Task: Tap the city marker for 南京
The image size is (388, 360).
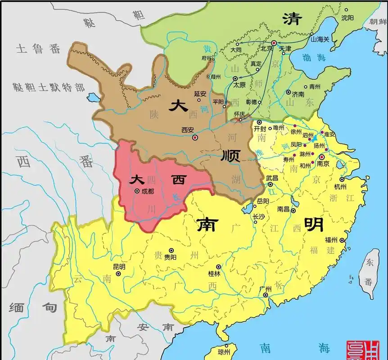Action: pyautogui.click(x=322, y=157)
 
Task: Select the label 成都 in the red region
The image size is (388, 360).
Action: pyautogui.click(x=147, y=191)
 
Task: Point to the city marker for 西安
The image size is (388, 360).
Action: pyautogui.click(x=195, y=138)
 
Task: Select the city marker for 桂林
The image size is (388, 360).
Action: pyautogui.click(x=218, y=267)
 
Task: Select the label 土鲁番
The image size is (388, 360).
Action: pyautogui.click(x=38, y=49)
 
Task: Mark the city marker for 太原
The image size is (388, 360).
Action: pyautogui.click(x=235, y=78)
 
